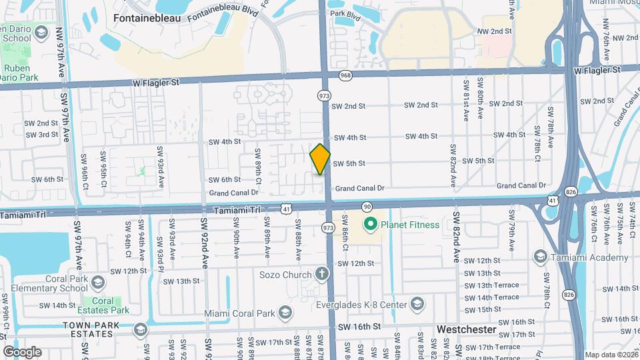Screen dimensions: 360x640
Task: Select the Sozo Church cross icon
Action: (x=322, y=274)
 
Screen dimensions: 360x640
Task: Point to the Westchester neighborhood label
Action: (x=467, y=329)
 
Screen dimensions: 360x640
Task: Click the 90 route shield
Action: (x=367, y=207)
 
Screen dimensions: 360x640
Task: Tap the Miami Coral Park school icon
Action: (x=285, y=313)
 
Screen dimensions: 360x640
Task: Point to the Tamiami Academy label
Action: (x=590, y=257)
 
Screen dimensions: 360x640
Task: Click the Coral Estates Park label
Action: (x=111, y=305)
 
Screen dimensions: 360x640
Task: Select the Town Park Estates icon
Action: (x=140, y=329)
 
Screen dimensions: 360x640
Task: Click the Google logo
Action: (x=22, y=351)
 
